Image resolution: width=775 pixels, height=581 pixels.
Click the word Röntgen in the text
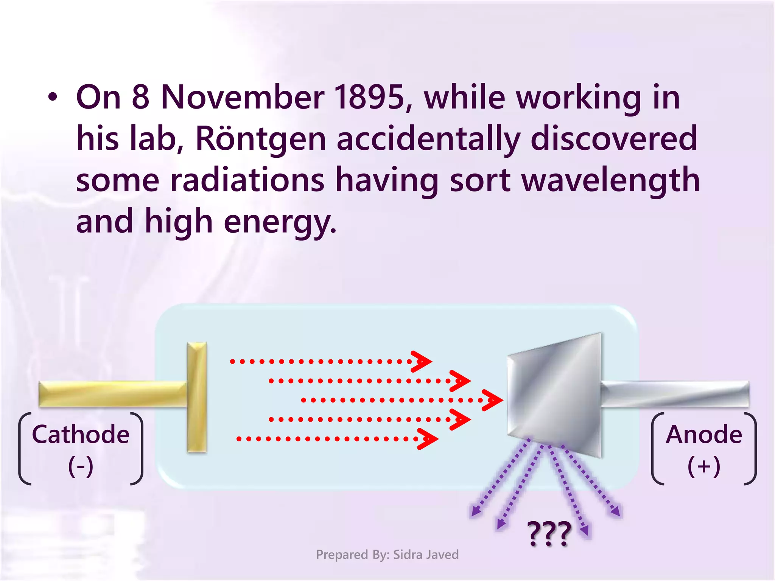point(260,138)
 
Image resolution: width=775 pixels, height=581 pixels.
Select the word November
point(243,97)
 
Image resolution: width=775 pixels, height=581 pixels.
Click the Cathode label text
point(81,434)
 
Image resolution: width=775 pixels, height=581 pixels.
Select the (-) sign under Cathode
point(81,466)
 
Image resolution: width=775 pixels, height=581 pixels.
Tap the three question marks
point(549,533)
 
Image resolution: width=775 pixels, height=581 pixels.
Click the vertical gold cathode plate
point(197,397)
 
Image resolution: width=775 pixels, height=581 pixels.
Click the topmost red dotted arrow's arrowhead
point(422,361)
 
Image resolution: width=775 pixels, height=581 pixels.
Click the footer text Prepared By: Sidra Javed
point(387,555)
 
